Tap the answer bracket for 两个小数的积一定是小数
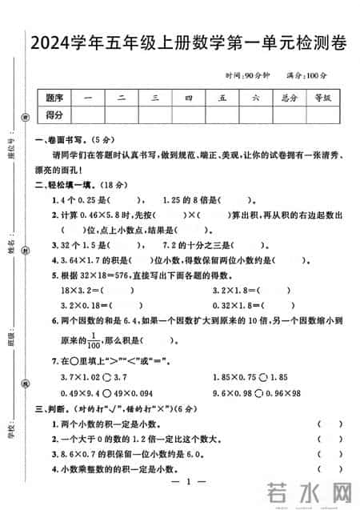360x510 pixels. (325, 423)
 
